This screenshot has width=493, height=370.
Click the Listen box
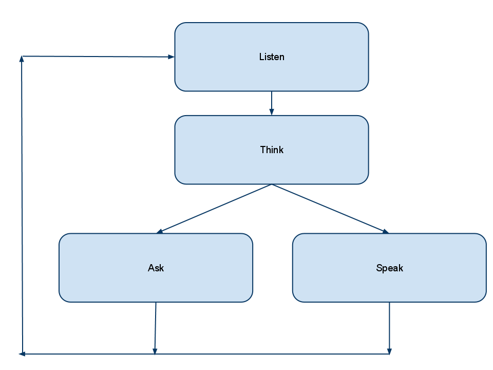tap(272, 57)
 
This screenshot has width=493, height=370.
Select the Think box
tap(272, 150)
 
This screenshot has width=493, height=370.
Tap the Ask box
tap(156, 268)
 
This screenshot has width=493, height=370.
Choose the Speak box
tap(390, 268)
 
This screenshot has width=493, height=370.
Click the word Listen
tap(272, 57)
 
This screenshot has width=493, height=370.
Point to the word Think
tap(272, 150)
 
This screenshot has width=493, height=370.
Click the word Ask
tap(156, 268)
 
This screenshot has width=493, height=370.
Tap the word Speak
tap(390, 268)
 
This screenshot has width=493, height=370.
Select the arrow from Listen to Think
tap(272, 103)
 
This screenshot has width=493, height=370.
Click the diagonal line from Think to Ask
tap(214, 209)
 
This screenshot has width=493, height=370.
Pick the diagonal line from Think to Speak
tap(330, 209)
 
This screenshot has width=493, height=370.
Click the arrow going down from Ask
tap(155, 328)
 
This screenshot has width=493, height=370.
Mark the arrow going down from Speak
tap(390, 328)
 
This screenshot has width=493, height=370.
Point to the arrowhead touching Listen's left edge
tap(172, 57)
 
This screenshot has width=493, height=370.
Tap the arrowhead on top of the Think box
tap(272, 113)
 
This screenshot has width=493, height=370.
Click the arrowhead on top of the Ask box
tap(160, 232)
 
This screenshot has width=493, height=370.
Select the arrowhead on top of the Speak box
tap(386, 232)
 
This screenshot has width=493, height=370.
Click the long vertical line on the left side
tap(22, 205)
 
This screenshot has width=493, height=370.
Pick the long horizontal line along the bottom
tap(204, 354)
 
